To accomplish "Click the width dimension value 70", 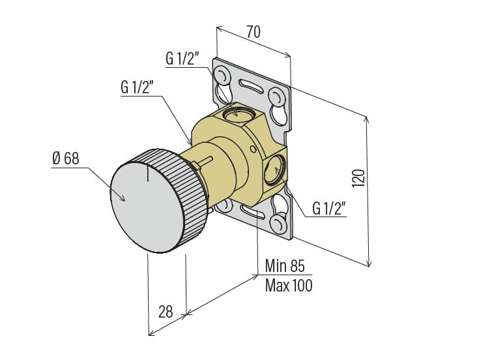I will pos(254,31).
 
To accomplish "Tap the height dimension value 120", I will pos(357,177).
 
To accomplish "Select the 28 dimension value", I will pos(166,312).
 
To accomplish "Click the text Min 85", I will pos(285,265).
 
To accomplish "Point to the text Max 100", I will pos(288,285).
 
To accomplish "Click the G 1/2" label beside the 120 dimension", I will pos(328,208).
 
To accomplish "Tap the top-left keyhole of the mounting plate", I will pos(222,76).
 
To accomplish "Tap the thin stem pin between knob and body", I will pos(206,159).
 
